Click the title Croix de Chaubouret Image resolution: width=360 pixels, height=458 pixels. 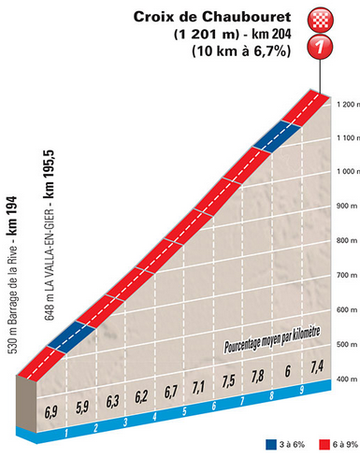pyautogui.click(x=212, y=17)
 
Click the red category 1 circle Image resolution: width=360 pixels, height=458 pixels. pyautogui.click(x=322, y=45)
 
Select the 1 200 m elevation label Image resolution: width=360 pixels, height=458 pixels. pyautogui.click(x=340, y=104)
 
